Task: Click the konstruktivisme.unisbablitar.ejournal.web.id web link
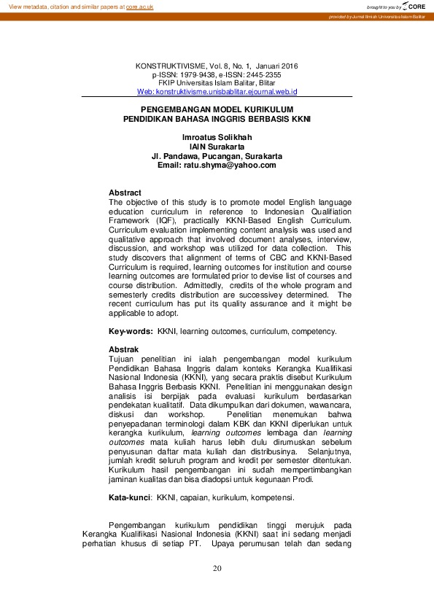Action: point(217,92)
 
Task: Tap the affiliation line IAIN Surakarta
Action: point(217,147)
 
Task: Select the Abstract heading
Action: point(125,193)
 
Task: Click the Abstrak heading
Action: point(123,350)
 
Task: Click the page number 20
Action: point(217,569)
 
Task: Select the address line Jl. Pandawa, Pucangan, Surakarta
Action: point(217,156)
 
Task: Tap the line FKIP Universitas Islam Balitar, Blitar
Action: point(217,83)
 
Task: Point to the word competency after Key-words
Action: point(314,331)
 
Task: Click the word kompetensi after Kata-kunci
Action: point(270,498)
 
